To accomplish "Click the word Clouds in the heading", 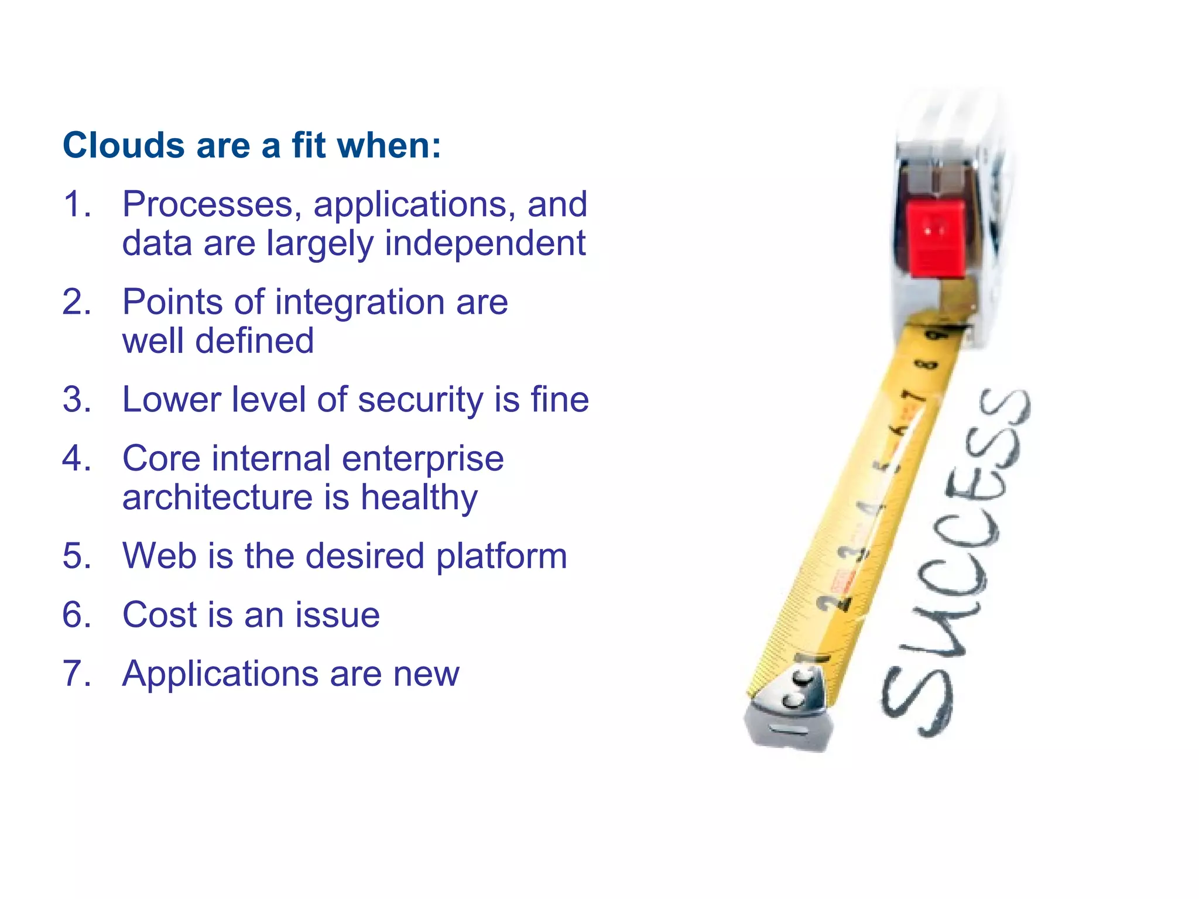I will click(x=124, y=145).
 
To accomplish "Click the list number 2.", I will click(x=76, y=302).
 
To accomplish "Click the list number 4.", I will click(x=76, y=458).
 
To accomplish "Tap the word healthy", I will click(x=419, y=497).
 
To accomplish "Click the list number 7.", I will click(x=76, y=674).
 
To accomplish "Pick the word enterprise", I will click(x=423, y=458).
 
